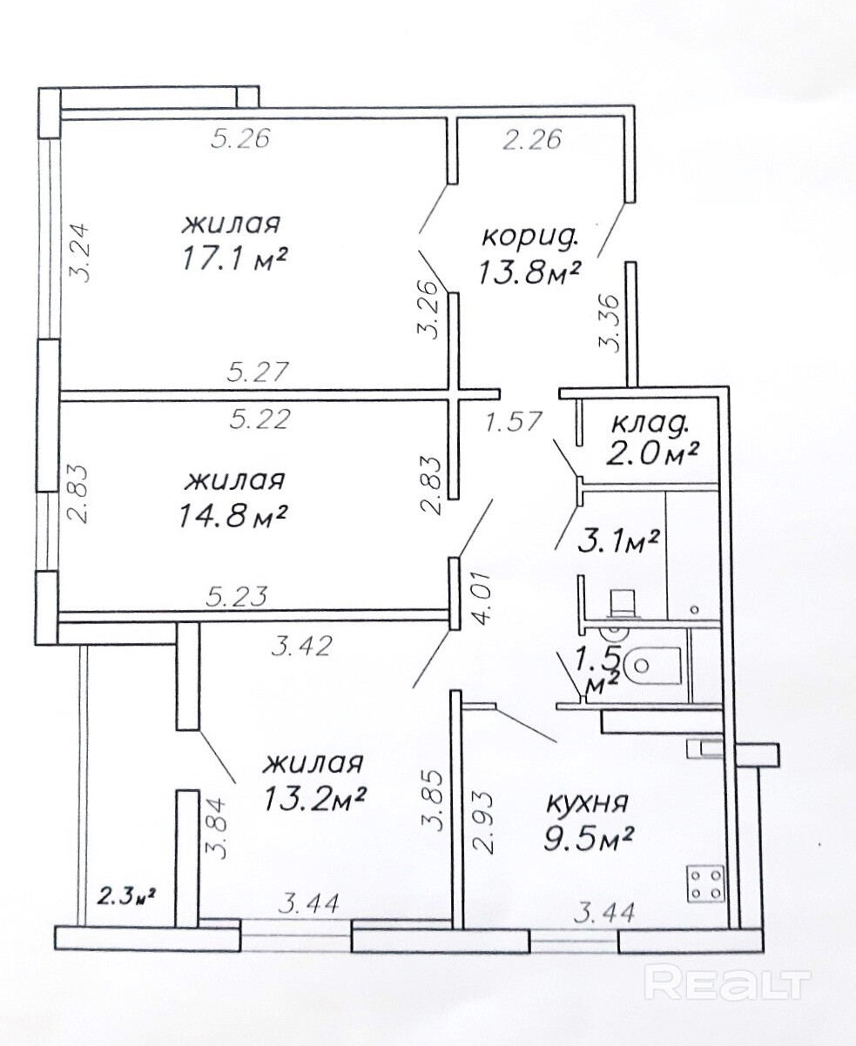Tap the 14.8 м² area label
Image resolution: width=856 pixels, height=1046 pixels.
(x=233, y=516)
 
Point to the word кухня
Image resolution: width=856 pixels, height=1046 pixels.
(x=588, y=803)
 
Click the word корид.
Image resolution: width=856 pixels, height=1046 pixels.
(x=530, y=238)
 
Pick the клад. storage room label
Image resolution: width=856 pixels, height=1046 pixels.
(x=651, y=425)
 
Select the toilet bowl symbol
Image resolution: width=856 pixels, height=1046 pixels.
(x=651, y=664)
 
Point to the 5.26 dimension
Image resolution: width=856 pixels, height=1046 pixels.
(x=240, y=138)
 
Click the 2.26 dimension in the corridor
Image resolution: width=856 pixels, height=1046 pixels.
(x=532, y=139)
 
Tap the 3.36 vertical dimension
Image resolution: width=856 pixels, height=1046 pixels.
(x=610, y=324)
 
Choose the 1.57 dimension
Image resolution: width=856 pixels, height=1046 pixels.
(x=513, y=421)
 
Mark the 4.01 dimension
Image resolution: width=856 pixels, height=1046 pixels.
(x=482, y=600)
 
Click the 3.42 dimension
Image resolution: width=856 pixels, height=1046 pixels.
(x=301, y=647)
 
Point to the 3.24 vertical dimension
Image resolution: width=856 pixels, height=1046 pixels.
(x=78, y=253)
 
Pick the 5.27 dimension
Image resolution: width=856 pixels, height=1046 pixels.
(x=258, y=372)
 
